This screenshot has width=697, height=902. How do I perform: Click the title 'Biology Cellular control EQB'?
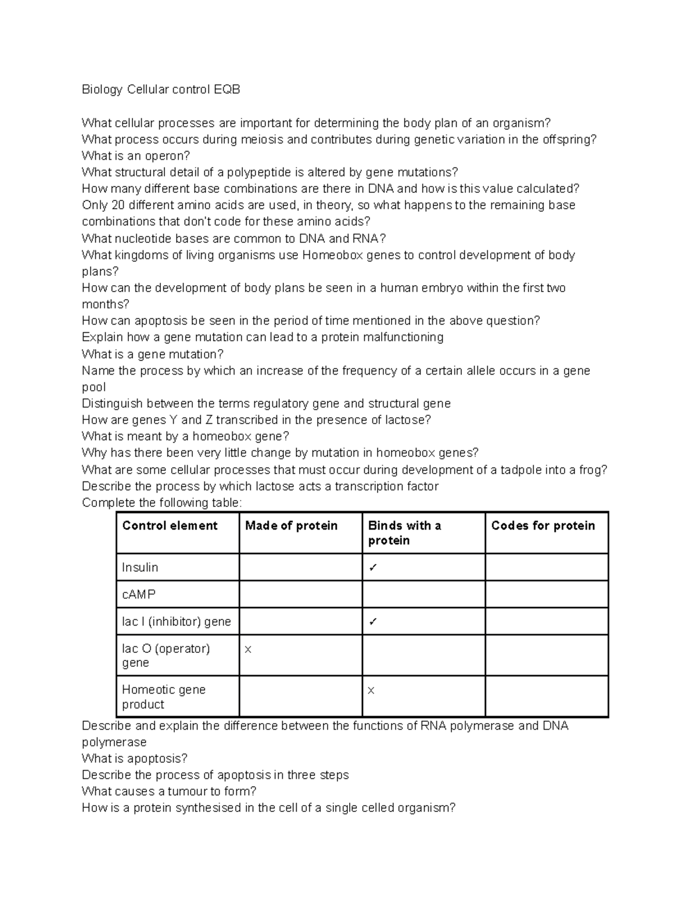click(161, 89)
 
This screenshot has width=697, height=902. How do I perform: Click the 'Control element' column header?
click(170, 526)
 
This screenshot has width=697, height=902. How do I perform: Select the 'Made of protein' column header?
click(291, 526)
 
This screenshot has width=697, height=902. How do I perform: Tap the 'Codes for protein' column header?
click(543, 526)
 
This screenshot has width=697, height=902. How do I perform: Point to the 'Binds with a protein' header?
click(404, 533)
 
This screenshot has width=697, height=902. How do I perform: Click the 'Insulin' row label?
click(140, 567)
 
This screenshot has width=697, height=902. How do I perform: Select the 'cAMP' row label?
click(139, 595)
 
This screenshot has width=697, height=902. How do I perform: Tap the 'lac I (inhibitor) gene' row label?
click(177, 621)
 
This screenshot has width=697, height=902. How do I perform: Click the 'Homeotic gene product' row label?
click(164, 697)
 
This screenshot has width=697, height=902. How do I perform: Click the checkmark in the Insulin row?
click(373, 568)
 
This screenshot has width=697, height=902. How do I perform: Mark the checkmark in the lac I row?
click(373, 622)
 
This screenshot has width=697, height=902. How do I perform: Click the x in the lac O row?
click(248, 649)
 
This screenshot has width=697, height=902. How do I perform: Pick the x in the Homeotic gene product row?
click(371, 691)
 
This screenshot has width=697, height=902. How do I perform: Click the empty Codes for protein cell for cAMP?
click(546, 595)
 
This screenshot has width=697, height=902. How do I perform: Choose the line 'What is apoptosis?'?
click(135, 759)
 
